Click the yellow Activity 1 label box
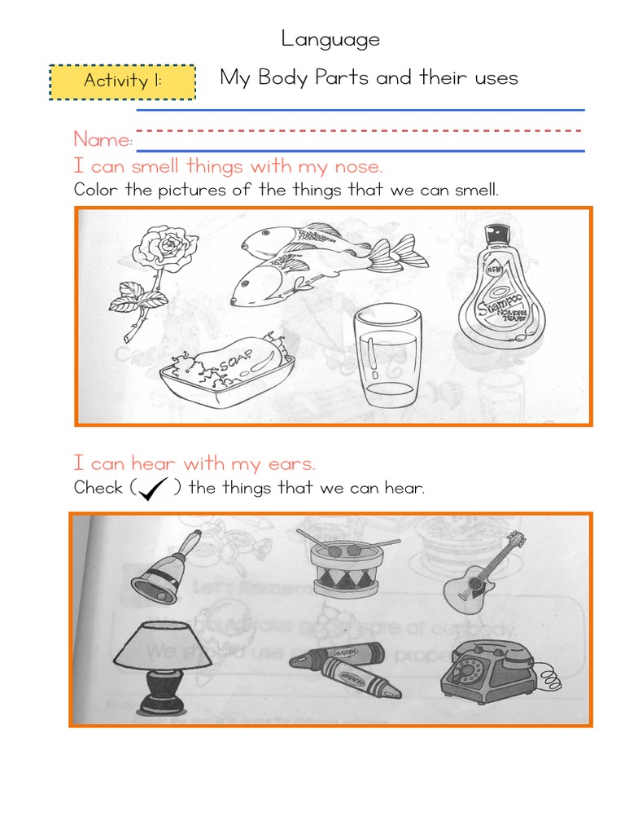[123, 81]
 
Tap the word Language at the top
[330, 38]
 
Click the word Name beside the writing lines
[103, 140]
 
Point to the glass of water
[387, 358]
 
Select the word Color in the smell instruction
[94, 191]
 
